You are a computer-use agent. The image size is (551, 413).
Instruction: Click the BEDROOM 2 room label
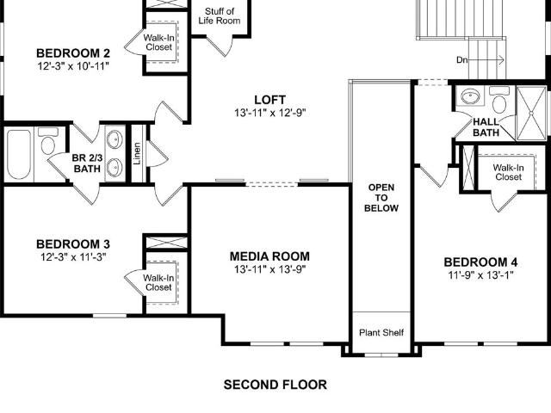point(73,53)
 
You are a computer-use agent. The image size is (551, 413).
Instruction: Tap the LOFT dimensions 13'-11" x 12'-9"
point(269,113)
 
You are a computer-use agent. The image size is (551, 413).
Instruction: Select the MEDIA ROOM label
point(269,256)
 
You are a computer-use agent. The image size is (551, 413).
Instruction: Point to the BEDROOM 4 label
point(480,262)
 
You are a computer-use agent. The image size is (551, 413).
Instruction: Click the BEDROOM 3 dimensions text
point(73,257)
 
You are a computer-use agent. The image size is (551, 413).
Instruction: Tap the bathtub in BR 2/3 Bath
point(19,155)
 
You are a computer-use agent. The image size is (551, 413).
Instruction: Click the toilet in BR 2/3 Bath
point(48,141)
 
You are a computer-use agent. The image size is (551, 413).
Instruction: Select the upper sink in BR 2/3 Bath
point(115,139)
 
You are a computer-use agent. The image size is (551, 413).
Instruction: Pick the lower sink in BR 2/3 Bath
point(115,168)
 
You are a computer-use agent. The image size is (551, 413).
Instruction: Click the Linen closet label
point(137,153)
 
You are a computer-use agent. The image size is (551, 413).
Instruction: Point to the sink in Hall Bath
point(470,96)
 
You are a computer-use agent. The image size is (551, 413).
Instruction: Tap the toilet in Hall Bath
point(499,100)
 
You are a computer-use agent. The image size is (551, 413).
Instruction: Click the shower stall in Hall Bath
point(531,113)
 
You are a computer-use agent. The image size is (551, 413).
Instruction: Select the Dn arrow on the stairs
point(486,59)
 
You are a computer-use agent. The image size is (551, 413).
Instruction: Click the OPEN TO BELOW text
point(381,198)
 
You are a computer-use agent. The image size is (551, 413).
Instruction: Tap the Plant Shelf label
point(381,332)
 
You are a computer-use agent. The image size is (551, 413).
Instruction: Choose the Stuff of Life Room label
point(220,16)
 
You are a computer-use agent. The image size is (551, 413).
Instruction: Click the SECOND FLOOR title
point(275,385)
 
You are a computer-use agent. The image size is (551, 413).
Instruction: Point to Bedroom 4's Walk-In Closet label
point(508,172)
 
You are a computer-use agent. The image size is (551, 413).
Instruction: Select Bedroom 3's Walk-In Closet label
point(158,283)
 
